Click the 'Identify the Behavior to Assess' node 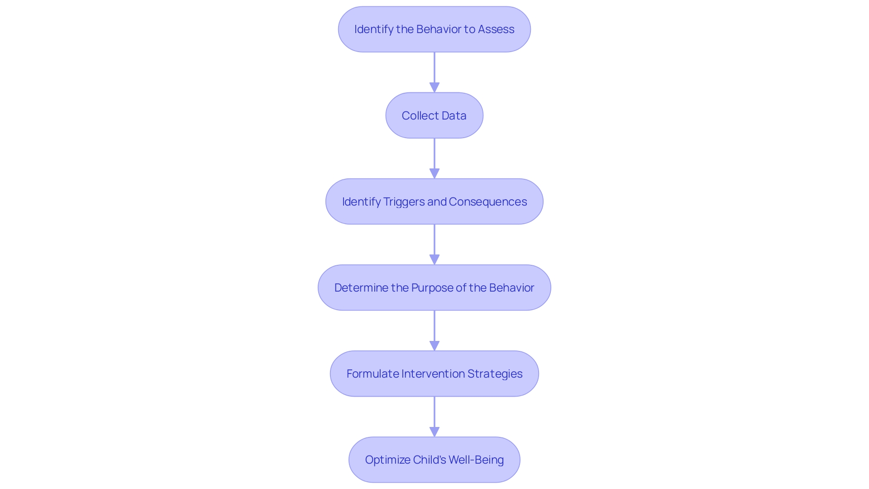pyautogui.click(x=434, y=29)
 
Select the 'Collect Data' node pyautogui.click(x=434, y=115)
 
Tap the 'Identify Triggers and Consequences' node pyautogui.click(x=434, y=201)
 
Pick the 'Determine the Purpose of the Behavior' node pyautogui.click(x=434, y=288)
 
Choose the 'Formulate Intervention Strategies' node pyautogui.click(x=434, y=374)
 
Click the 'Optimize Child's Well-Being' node pyautogui.click(x=434, y=460)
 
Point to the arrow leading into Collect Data pyautogui.click(x=434, y=72)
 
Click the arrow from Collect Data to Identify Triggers pyautogui.click(x=434, y=158)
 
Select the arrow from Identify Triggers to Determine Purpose pyautogui.click(x=434, y=244)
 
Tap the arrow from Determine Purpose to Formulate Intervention pyautogui.click(x=434, y=331)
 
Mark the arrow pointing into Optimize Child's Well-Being pyautogui.click(x=434, y=417)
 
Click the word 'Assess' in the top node pyautogui.click(x=496, y=29)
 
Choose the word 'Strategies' pyautogui.click(x=495, y=374)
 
